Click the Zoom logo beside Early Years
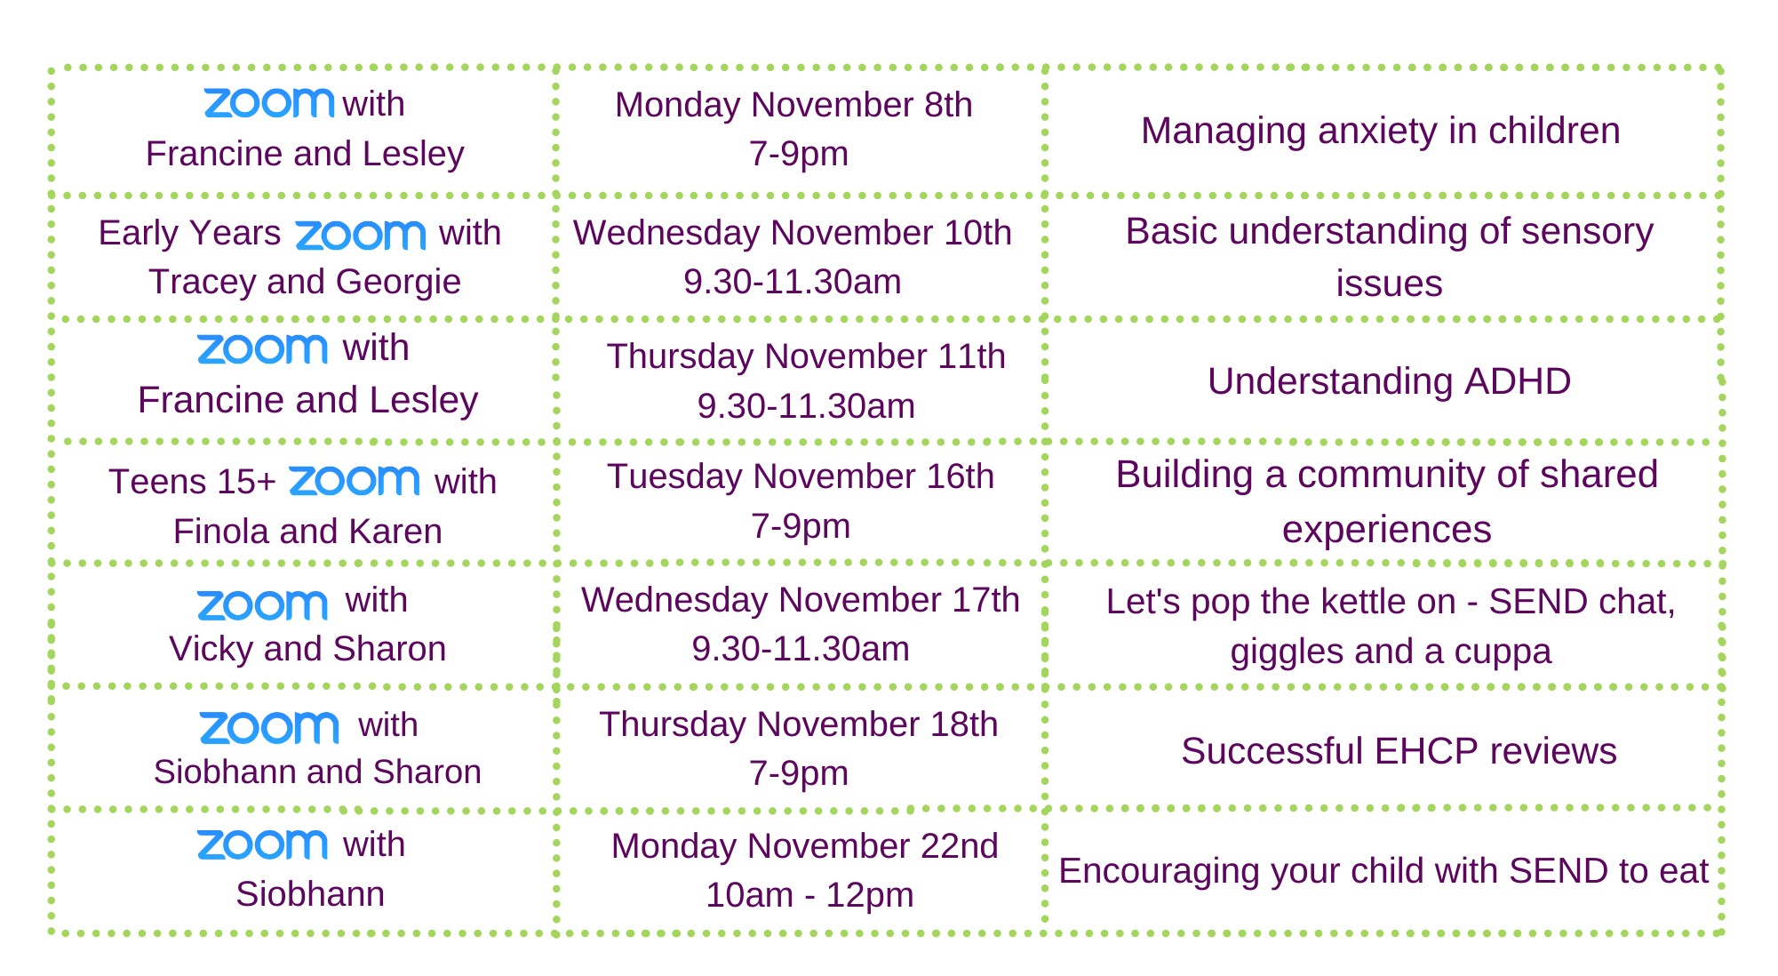click(361, 235)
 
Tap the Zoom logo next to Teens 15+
click(355, 481)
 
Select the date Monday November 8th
click(793, 105)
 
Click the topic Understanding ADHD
click(1389, 381)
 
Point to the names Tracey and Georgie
click(305, 282)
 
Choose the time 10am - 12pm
click(809, 895)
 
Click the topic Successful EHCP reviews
click(1399, 751)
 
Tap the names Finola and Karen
click(307, 532)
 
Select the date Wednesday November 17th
click(801, 600)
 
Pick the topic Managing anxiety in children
click(1381, 132)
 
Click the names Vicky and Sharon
click(307, 649)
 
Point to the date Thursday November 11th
click(806, 356)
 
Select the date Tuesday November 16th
click(801, 476)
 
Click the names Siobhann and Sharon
click(317, 772)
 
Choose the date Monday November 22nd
click(805, 846)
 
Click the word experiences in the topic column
click(1386, 531)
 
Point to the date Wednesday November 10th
click(793, 233)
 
